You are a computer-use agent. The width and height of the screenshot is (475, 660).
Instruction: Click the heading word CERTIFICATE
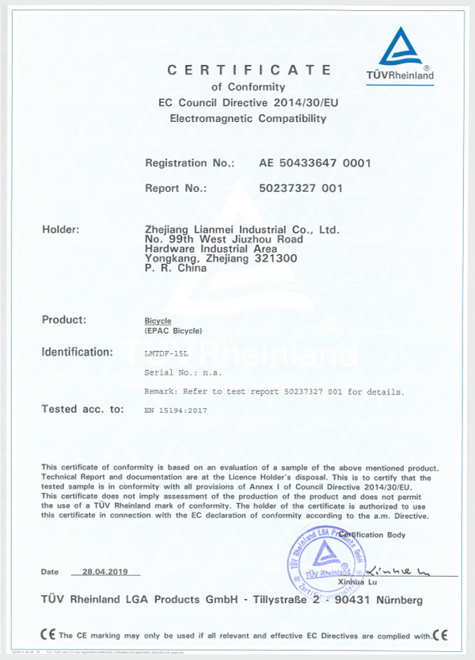click(x=249, y=71)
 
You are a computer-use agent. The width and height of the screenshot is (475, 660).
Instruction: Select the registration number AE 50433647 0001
click(x=315, y=162)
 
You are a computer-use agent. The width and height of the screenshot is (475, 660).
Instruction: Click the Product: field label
click(x=63, y=319)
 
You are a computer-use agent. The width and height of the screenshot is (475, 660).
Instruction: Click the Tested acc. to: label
click(x=83, y=409)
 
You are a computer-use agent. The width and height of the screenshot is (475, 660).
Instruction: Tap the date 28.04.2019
click(x=104, y=570)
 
